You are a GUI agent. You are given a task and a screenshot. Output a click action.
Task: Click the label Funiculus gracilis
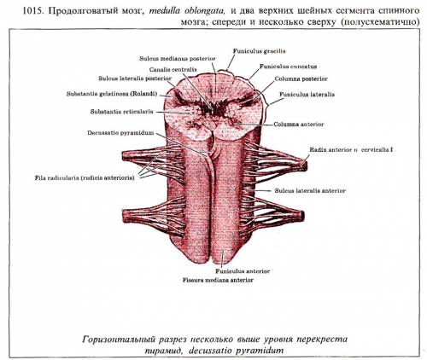[260, 51]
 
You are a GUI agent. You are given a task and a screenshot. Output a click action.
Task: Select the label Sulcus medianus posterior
[178, 59]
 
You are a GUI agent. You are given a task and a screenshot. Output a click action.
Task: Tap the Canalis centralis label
[173, 69]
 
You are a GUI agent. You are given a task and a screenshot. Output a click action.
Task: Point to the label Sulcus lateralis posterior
[135, 78]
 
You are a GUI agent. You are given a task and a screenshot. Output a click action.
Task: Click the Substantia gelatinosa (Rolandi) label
[112, 94]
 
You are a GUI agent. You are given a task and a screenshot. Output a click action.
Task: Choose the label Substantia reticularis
[122, 112]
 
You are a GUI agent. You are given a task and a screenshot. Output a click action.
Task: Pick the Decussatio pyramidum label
[120, 133]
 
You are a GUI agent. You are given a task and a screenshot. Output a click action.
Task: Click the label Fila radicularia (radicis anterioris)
[85, 178]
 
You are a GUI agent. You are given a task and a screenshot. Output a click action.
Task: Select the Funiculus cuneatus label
[288, 67]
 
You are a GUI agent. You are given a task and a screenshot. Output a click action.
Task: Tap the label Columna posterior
[301, 78]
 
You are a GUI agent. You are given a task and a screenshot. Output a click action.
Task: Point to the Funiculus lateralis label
[307, 95]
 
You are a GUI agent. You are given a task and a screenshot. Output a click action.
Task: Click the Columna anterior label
[299, 125]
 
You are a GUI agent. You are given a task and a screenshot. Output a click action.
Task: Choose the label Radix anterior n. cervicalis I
[351, 149]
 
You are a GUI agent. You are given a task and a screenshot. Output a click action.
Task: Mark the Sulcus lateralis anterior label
[310, 191]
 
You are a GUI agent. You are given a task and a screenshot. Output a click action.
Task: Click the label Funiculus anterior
[243, 271]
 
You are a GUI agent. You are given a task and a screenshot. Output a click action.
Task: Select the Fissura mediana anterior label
[218, 280]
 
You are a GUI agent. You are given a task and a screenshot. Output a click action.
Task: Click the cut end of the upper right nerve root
[305, 165]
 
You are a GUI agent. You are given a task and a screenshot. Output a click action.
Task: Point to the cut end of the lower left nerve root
[125, 216]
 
